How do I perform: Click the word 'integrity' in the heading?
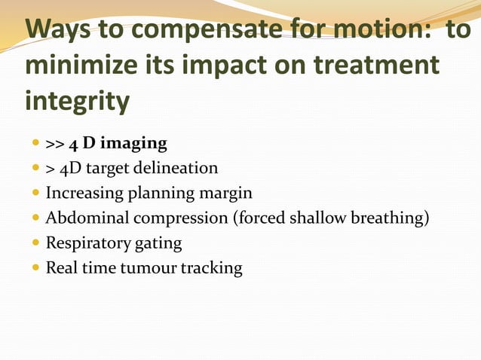pyautogui.click(x=78, y=100)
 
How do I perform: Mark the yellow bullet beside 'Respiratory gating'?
pyautogui.click(x=35, y=244)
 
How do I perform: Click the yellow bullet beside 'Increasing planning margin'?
pyautogui.click(x=35, y=194)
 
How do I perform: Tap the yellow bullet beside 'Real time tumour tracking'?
pyautogui.click(x=35, y=269)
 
